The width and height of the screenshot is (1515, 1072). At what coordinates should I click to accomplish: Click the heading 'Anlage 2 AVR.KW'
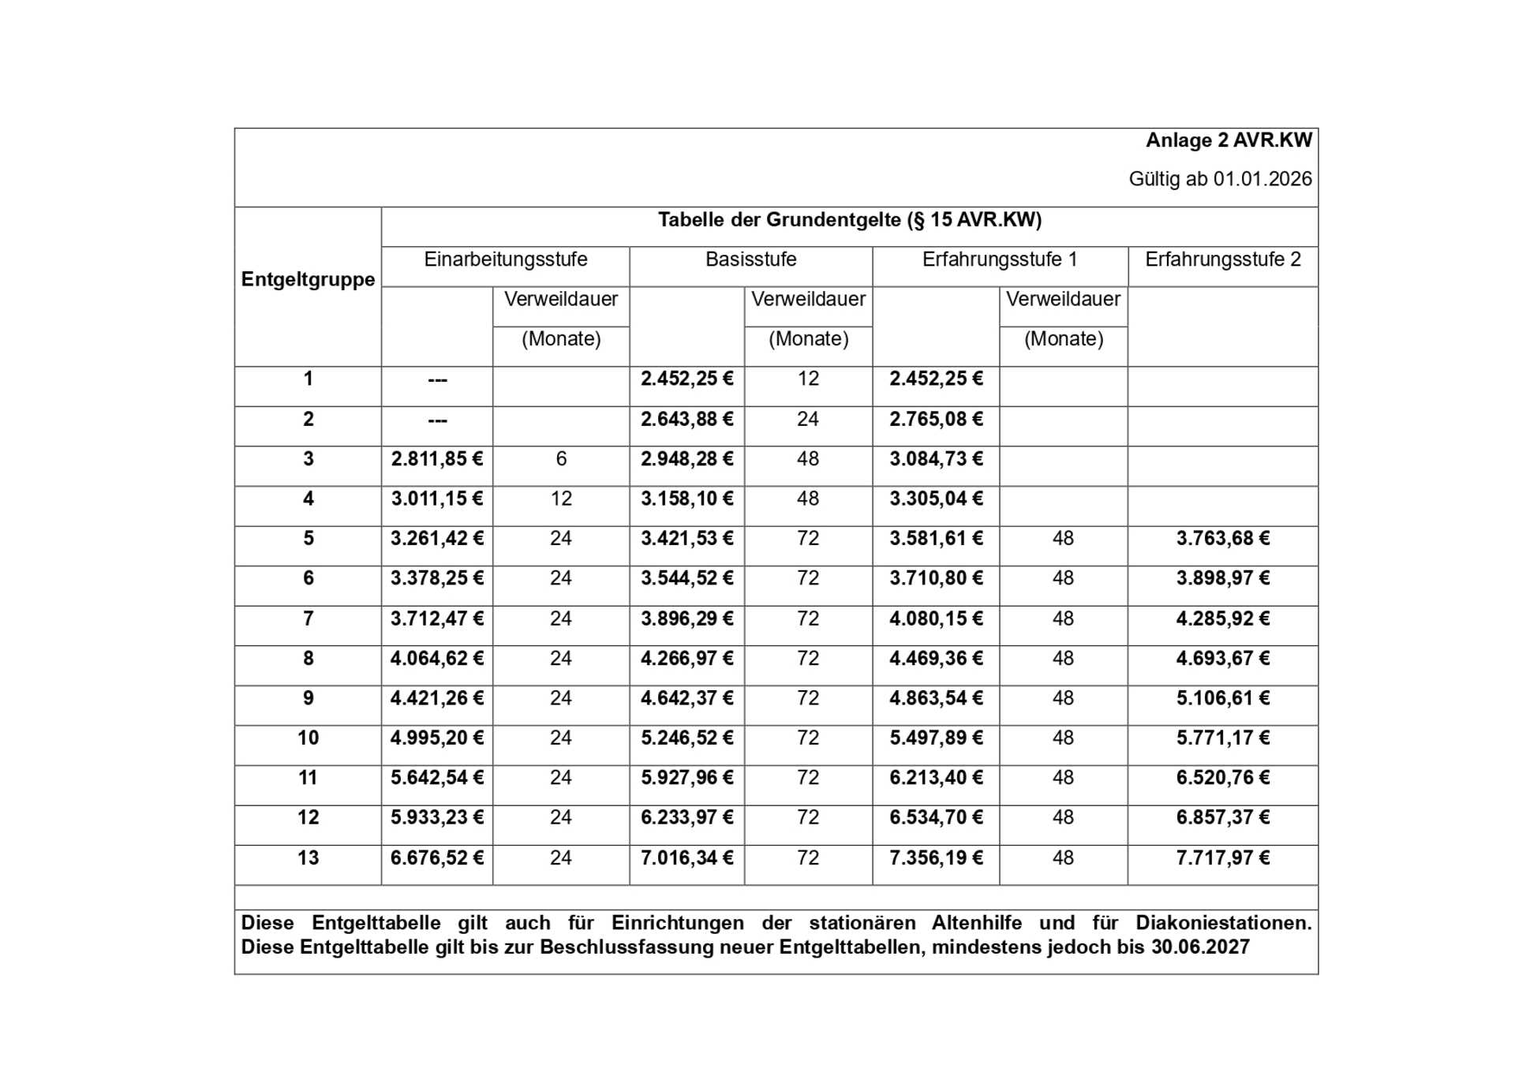pos(1228,140)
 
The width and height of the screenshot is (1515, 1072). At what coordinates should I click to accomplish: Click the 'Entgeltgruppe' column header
pos(308,279)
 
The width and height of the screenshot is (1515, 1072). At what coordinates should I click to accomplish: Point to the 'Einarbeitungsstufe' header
pos(505,260)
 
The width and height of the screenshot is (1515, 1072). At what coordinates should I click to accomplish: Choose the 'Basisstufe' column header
pos(750,260)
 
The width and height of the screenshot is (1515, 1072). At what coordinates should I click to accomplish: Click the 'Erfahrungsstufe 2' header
pos(1222,260)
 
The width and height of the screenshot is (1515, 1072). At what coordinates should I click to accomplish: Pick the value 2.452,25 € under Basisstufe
pos(686,379)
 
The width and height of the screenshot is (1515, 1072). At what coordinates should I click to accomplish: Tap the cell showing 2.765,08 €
pos(936,419)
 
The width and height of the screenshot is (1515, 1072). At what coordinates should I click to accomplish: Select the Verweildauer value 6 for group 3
pos(561,459)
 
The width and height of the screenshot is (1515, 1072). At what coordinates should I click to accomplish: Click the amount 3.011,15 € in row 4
pos(436,499)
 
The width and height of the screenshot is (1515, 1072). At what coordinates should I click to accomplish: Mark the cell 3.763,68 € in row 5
pos(1222,539)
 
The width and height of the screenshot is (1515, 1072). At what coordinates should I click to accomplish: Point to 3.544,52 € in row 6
pos(686,578)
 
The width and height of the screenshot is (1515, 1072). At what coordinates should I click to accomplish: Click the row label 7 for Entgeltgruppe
pos(308,618)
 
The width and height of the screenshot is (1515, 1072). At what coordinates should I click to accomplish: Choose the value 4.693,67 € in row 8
pos(1222,659)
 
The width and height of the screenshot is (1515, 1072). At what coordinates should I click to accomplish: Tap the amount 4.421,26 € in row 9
pos(436,698)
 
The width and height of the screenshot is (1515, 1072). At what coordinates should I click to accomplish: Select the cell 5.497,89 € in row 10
pos(936,738)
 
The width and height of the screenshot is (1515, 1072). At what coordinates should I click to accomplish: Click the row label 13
pos(308,858)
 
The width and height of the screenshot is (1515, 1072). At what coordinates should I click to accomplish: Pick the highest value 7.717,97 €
pos(1222,858)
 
